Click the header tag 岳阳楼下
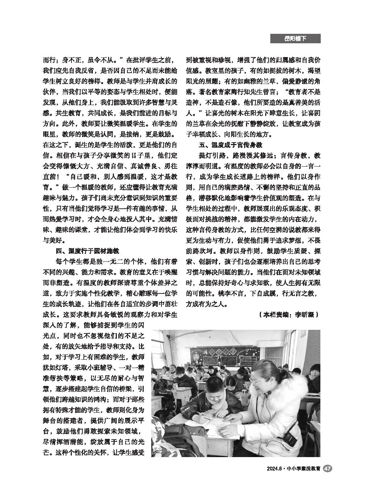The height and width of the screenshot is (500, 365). coord(295,39)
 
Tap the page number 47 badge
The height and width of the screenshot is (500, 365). coord(327,469)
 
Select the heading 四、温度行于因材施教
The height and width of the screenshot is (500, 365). coord(87,251)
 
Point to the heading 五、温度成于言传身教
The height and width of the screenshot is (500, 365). coord(230,145)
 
